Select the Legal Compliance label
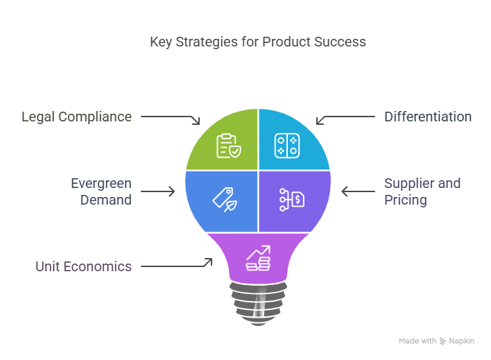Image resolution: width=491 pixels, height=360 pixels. pos(77,117)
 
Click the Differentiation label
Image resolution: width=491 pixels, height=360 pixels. pos(428,117)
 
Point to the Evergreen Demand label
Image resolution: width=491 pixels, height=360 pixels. pos(101,191)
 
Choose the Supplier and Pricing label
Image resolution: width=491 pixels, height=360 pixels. pos(422,191)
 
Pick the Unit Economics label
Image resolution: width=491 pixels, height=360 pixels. pos(83,266)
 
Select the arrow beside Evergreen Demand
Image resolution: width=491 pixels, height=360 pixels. pos(158,191)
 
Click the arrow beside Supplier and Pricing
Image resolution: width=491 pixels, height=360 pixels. pos(359,191)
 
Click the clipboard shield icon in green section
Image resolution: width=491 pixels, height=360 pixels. pos(229,146)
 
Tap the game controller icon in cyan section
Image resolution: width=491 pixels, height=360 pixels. pos(287,146)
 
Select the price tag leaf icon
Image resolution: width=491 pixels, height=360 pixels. pos(225,200)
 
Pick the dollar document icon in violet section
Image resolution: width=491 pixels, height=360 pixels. pos(292,200)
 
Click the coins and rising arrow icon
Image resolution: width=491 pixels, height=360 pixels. pos(258,258)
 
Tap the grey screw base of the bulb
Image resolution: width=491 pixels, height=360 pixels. pos(259,303)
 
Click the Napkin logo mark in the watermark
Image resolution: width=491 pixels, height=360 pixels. pos(442,341)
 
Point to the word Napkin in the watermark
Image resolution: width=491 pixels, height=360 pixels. pos(462,341)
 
